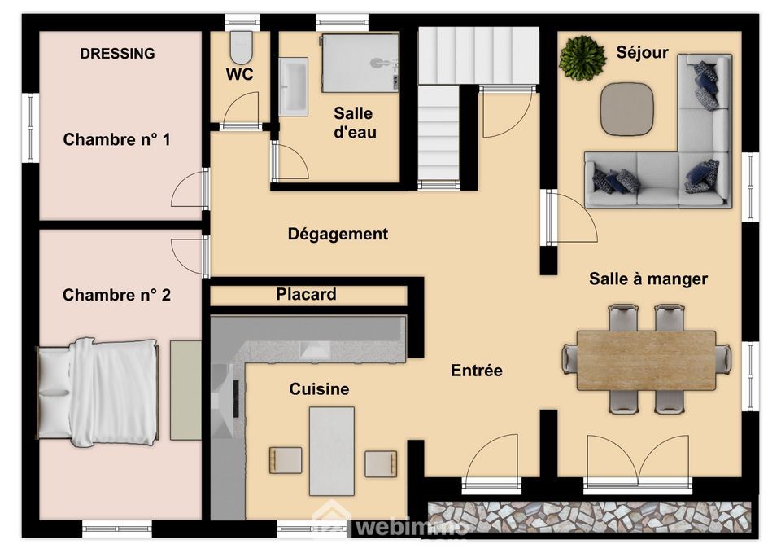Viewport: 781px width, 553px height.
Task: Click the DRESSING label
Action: [x=117, y=54]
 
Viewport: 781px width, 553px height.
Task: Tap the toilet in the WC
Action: [x=242, y=47]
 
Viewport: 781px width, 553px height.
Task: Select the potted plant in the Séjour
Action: [x=582, y=58]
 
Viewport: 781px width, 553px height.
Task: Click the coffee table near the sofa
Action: [x=626, y=108]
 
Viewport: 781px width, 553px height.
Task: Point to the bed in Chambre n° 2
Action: [x=98, y=392]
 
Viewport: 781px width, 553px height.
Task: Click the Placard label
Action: [x=307, y=294]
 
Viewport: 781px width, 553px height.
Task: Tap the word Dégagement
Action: [x=338, y=234]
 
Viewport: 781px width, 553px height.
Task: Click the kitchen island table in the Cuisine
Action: [x=332, y=450]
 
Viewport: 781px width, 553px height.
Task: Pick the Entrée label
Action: [x=477, y=371]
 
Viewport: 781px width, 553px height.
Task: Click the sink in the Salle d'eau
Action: [x=293, y=86]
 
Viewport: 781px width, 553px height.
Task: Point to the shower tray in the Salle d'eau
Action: [x=360, y=63]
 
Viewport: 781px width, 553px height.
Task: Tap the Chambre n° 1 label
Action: [x=116, y=139]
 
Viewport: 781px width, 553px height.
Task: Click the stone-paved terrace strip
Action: [x=589, y=516]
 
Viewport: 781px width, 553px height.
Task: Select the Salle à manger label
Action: [x=648, y=279]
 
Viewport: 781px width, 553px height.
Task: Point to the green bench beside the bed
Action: [x=185, y=390]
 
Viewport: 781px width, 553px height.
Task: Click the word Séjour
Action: [x=642, y=52]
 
